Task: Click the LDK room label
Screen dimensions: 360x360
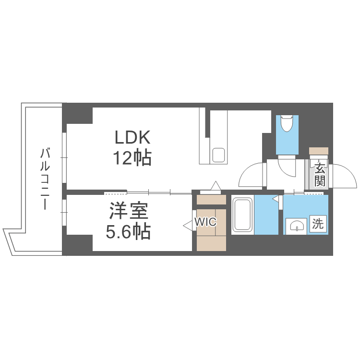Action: pos(132,138)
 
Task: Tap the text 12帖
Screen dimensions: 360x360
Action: pos(132,157)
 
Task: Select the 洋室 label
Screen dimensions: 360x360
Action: pos(128,212)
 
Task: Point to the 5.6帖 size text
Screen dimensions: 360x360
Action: pos(128,232)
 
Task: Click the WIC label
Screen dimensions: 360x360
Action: pos(206,222)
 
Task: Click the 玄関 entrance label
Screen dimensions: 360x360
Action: pos(320,175)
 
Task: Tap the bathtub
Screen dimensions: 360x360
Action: pos(242,215)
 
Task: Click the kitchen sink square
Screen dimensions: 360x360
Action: pos(219,155)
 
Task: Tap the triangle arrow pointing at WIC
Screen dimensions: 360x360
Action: pos(187,223)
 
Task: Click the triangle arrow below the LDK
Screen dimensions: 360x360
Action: pos(216,185)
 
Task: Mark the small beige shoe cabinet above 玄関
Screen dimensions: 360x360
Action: pos(319,151)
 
